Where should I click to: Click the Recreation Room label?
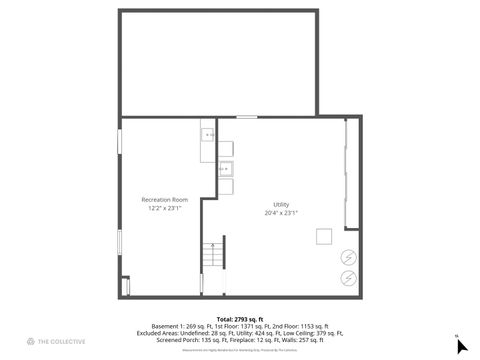(x=164, y=200)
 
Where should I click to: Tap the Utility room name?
(x=281, y=204)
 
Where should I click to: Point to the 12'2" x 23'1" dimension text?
(x=164, y=209)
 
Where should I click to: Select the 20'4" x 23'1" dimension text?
(x=281, y=213)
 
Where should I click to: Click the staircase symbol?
(x=213, y=257)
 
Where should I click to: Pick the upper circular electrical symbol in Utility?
(x=349, y=255)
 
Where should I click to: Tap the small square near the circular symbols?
(x=324, y=236)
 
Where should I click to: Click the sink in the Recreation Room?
(x=208, y=133)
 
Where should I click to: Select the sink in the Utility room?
(x=226, y=168)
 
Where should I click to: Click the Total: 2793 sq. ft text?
(x=239, y=318)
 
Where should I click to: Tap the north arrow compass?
(x=461, y=346)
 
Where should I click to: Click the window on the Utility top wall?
(x=246, y=118)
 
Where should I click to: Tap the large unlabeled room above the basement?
(x=218, y=62)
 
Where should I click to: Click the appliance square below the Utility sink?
(x=226, y=186)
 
